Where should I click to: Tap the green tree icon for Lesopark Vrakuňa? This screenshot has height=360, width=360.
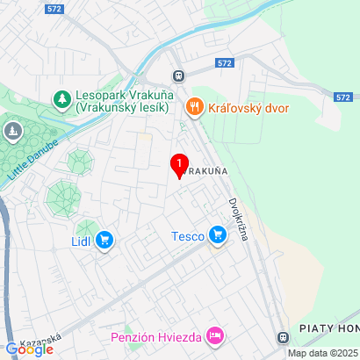tap(62, 99)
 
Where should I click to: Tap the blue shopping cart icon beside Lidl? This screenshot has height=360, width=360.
tap(105, 240)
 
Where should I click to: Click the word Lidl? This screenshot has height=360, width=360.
tap(80, 240)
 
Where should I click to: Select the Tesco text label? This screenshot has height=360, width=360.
tap(187, 234)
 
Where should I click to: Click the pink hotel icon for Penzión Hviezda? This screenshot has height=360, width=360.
tap(215, 336)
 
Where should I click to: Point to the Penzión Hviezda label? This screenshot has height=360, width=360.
tap(155, 336)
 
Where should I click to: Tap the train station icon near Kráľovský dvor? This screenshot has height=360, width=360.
tap(178, 76)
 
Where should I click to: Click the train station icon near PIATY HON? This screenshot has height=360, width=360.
tap(283, 337)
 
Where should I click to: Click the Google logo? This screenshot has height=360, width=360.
tap(29, 349)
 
